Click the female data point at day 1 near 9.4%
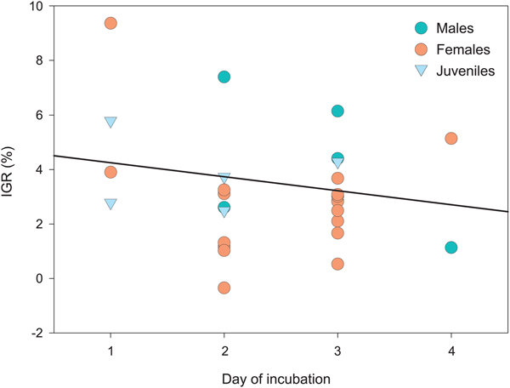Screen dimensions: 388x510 point(110,23)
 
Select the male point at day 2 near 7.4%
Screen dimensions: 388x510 point(224,77)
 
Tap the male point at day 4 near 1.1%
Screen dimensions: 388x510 point(451,248)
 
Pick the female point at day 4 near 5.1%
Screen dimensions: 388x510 point(451,138)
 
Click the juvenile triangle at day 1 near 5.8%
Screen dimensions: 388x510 point(110,123)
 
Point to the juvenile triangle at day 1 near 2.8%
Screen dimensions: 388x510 point(110,203)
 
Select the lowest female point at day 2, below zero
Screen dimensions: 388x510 point(224,288)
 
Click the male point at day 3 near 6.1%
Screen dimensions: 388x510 point(337,111)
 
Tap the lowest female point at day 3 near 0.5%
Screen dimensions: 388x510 point(337,264)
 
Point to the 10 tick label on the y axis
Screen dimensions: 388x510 point(31,7)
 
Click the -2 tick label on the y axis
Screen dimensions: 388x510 point(31,333)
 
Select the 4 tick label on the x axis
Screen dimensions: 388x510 point(451,350)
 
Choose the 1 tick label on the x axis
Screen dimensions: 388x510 point(110,350)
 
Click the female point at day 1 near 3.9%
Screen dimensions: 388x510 point(110,172)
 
